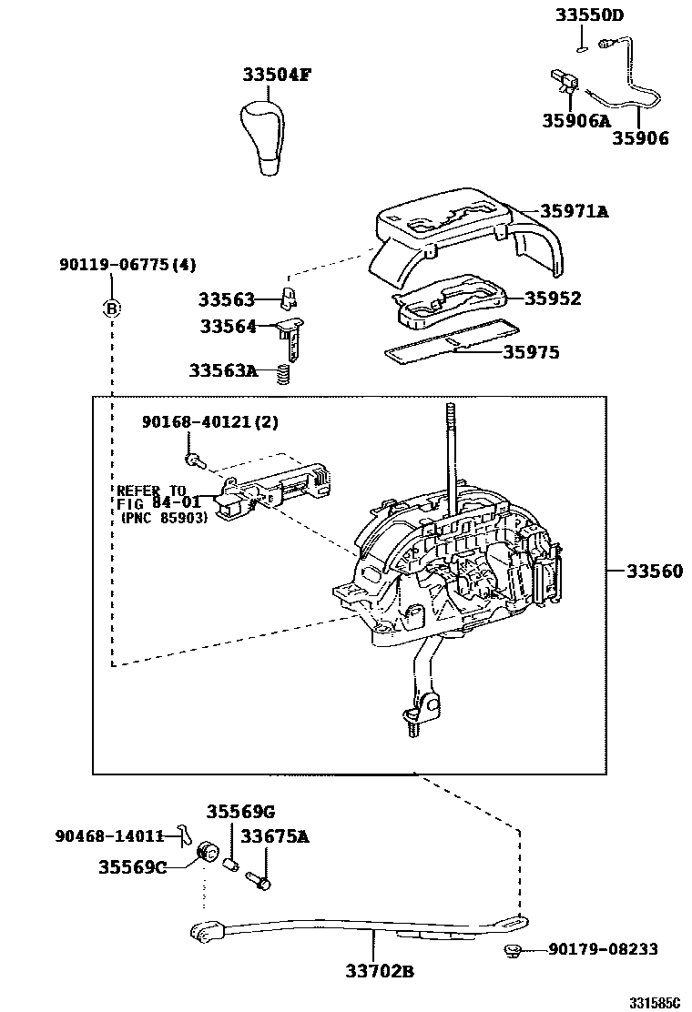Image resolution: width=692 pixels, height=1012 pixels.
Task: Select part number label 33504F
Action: [x=276, y=76]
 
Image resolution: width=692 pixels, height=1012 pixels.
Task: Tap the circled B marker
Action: [x=111, y=309]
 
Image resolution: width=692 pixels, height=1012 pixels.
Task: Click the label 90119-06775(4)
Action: [x=127, y=265]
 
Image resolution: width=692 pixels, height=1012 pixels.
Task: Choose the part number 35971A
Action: [x=574, y=211]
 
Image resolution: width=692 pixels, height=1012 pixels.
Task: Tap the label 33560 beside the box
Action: [x=653, y=571]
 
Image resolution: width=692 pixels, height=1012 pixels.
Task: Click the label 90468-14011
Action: [x=109, y=835]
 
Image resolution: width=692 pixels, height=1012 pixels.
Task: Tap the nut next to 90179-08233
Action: [x=512, y=952]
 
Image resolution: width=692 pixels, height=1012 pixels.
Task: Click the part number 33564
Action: [x=224, y=326]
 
